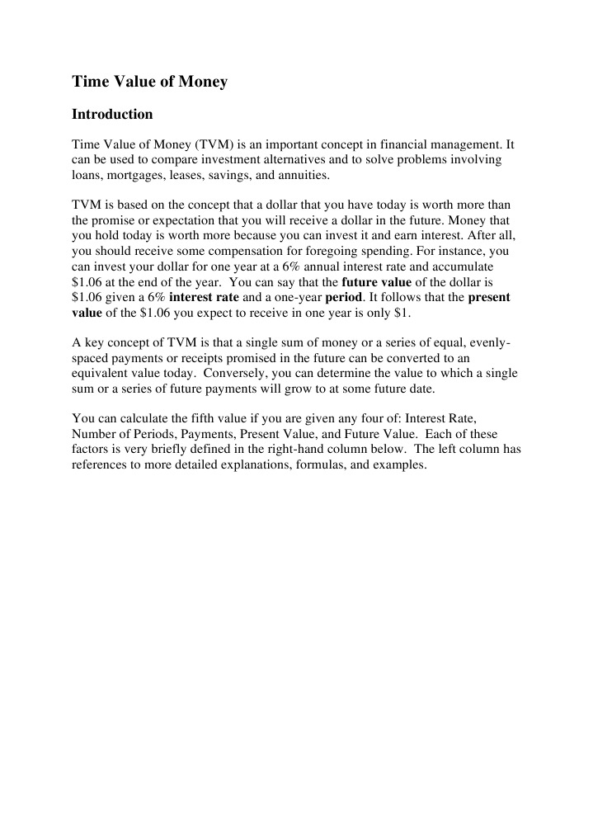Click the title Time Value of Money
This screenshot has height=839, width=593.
point(149,82)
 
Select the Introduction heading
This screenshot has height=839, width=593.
point(112,114)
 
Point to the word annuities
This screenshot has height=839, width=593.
point(304,175)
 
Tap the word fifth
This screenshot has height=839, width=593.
point(194,419)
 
